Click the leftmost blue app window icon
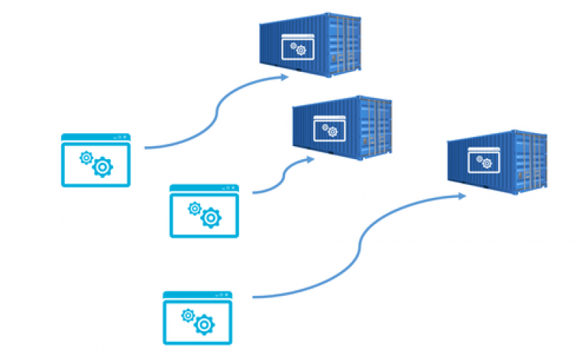(x=96, y=161)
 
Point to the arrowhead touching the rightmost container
(x=465, y=195)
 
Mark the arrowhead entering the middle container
(x=310, y=160)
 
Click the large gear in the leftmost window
(x=103, y=166)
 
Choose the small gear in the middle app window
(x=194, y=208)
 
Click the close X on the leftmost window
(x=127, y=137)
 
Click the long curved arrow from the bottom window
(x=360, y=245)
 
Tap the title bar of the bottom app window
(x=198, y=294)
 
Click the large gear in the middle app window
(x=211, y=217)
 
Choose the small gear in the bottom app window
(x=189, y=315)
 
